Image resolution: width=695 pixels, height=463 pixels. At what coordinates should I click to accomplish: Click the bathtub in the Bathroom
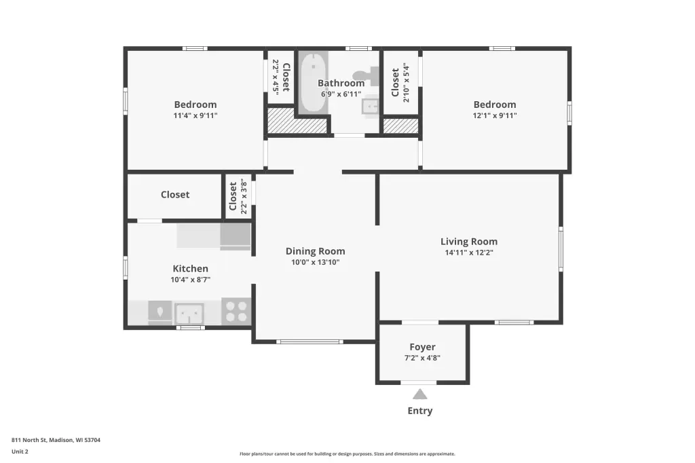(314, 82)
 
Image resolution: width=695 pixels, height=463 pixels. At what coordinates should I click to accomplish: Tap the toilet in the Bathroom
(367, 76)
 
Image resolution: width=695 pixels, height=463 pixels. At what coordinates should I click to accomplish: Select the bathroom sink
(370, 106)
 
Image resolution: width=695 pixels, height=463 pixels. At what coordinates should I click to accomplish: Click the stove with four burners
(236, 312)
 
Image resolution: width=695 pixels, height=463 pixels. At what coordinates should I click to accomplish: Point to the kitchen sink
(189, 314)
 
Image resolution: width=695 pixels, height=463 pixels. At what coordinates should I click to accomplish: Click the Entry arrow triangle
(419, 394)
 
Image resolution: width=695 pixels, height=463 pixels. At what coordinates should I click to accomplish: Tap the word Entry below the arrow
(419, 411)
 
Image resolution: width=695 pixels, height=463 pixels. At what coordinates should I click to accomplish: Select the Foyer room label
(422, 347)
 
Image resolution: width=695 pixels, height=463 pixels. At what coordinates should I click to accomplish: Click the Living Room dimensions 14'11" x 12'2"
(469, 253)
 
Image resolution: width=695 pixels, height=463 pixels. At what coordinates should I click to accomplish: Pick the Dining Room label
(315, 251)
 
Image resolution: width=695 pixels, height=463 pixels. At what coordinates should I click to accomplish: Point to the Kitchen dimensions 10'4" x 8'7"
(191, 280)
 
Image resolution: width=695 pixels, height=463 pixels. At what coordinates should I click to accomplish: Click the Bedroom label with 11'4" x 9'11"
(195, 105)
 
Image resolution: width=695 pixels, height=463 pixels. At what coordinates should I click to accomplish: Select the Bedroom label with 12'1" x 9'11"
(495, 105)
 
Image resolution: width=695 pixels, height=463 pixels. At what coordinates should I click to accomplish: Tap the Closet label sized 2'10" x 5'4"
(395, 83)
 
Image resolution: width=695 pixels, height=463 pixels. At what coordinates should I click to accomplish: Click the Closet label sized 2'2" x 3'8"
(233, 196)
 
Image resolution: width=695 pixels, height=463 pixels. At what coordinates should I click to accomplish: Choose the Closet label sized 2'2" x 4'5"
(286, 77)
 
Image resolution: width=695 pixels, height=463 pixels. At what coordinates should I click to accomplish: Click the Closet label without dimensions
(175, 194)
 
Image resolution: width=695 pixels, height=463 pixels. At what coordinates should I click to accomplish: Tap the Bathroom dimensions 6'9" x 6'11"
(341, 94)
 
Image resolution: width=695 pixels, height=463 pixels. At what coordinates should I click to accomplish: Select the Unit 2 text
(20, 451)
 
